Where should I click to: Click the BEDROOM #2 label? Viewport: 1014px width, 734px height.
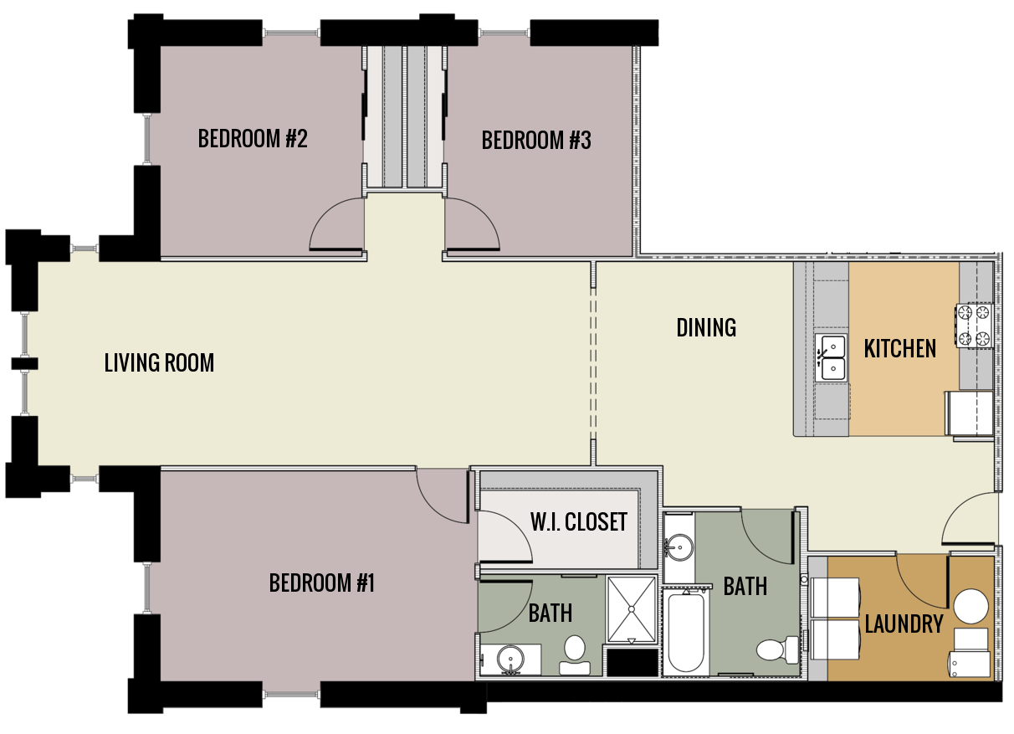253,138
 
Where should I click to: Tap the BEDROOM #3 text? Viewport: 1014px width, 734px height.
536,140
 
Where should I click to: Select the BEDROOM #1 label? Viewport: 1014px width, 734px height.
321,583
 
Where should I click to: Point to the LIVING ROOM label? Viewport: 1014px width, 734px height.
159,362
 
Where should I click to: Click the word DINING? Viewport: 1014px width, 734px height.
706,327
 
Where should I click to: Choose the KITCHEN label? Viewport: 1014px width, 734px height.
899,348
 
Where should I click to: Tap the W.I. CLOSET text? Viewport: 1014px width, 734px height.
578,522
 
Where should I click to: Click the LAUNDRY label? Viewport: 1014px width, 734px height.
904,624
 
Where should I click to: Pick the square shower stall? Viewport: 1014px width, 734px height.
632,609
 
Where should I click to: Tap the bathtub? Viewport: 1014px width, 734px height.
687,633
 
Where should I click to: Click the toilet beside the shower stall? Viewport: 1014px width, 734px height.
574,652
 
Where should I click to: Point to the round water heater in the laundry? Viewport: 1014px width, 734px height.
971,606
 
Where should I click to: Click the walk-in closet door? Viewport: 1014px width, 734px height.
505,536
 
